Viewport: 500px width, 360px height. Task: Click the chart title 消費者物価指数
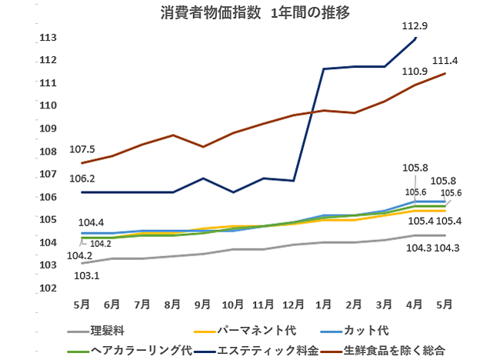click(208, 13)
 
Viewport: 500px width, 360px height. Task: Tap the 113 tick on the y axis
click(48, 37)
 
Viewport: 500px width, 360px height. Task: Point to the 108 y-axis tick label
click(48, 152)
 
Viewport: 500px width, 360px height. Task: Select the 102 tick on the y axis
click(48, 288)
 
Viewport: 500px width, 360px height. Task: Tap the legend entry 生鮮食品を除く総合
click(397, 349)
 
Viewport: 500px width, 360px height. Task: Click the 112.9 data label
click(415, 25)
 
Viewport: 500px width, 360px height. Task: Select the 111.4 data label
click(445, 60)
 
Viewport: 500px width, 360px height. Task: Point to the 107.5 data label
click(82, 149)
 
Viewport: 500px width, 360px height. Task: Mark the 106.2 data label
click(82, 178)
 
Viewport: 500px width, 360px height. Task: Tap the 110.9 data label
click(415, 72)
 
